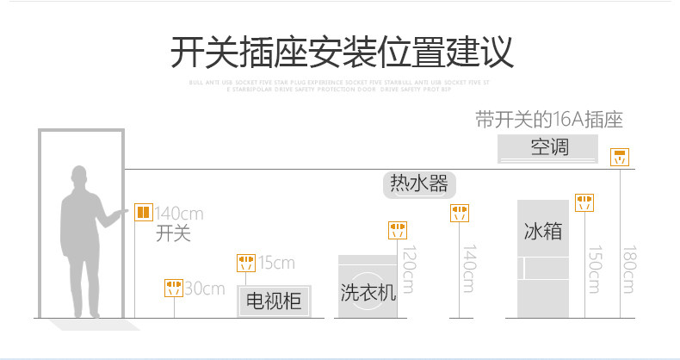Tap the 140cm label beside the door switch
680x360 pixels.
coord(179,214)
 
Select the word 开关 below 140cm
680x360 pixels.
coord(173,233)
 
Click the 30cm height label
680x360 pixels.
coord(205,289)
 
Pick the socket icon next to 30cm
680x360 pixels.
coord(174,287)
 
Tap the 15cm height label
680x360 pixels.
coord(276,263)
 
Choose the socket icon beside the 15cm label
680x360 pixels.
coord(246,263)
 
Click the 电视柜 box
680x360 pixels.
coord(274,301)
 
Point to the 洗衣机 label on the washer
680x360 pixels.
coord(368,292)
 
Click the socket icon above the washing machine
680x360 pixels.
coord(397,230)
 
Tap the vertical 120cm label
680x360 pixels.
coord(409,268)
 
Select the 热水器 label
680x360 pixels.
coord(418,183)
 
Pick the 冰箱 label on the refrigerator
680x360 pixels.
coord(543,231)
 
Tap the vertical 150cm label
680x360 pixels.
coord(594,268)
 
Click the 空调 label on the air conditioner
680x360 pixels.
coord(549,146)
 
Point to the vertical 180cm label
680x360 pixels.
coord(629,268)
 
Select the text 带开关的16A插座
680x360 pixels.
coord(549,120)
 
